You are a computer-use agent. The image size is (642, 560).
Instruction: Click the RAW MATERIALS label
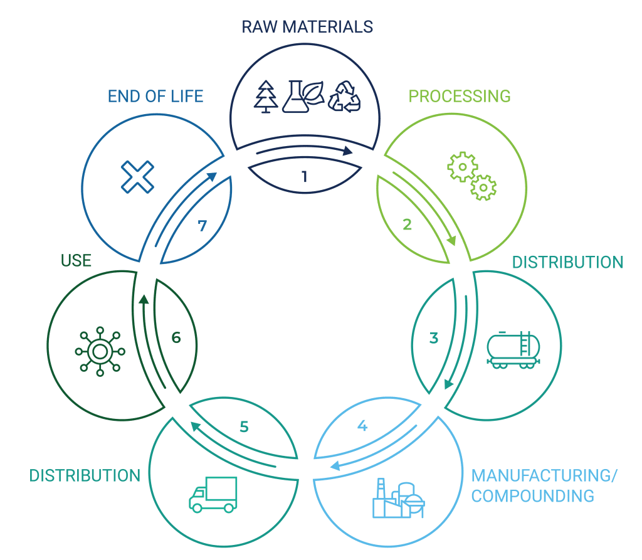tap(307, 27)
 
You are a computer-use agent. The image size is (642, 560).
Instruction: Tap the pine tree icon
tap(266, 97)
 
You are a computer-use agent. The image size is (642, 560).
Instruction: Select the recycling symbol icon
tap(344, 96)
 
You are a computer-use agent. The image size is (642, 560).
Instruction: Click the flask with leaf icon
tap(303, 96)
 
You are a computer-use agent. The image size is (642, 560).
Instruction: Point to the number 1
tap(305, 176)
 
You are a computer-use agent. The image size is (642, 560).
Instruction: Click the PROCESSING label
tap(460, 96)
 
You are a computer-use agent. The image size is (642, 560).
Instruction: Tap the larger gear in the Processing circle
tap(462, 166)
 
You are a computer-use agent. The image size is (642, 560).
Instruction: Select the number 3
tap(434, 338)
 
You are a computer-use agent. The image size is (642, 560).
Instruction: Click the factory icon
tap(397, 499)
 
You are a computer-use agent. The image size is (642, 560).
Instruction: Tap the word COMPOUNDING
tap(533, 496)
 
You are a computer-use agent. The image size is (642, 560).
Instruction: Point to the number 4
tap(362, 426)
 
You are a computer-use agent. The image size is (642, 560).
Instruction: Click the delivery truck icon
tap(213, 494)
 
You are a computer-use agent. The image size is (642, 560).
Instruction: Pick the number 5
tap(245, 426)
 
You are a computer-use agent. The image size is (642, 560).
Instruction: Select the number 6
tap(176, 337)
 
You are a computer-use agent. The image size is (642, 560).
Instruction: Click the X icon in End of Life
tap(137, 176)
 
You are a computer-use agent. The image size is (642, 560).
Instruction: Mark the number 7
tap(202, 226)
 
